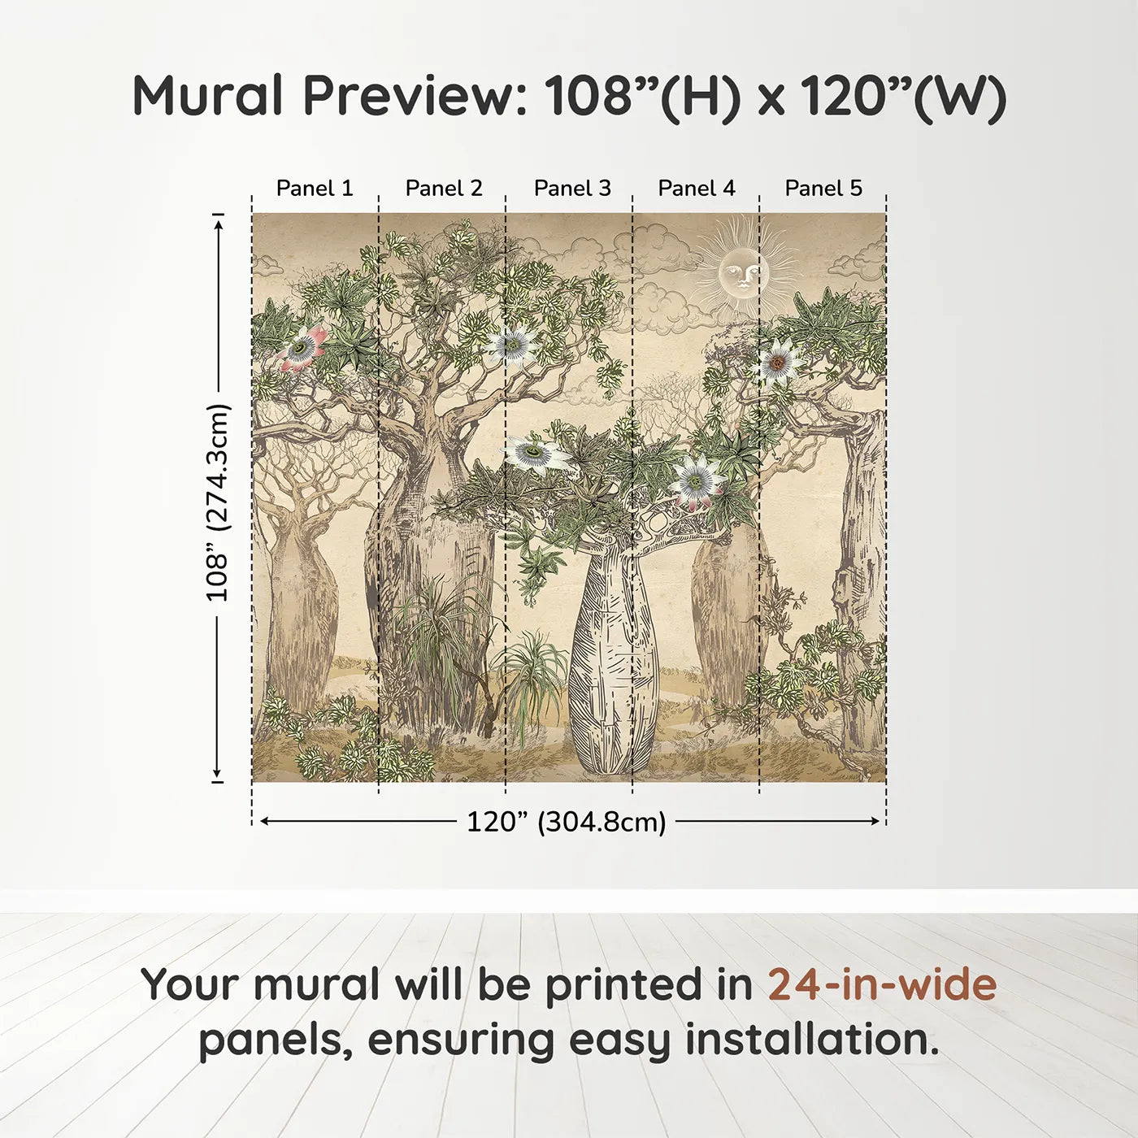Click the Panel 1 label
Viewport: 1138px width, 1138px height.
(315, 188)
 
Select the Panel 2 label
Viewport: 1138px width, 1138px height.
(443, 188)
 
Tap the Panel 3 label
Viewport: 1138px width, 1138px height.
(571, 188)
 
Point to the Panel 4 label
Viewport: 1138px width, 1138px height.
(696, 188)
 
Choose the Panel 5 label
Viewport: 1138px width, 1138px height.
(823, 188)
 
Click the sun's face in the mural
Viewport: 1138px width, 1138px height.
(741, 273)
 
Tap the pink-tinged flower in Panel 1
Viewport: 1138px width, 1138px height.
(302, 348)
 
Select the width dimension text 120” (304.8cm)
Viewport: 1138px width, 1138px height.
(566, 822)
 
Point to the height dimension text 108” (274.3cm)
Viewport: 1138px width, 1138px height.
(218, 502)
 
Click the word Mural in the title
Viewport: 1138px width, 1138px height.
(207, 96)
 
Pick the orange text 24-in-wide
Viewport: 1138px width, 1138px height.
(882, 984)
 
